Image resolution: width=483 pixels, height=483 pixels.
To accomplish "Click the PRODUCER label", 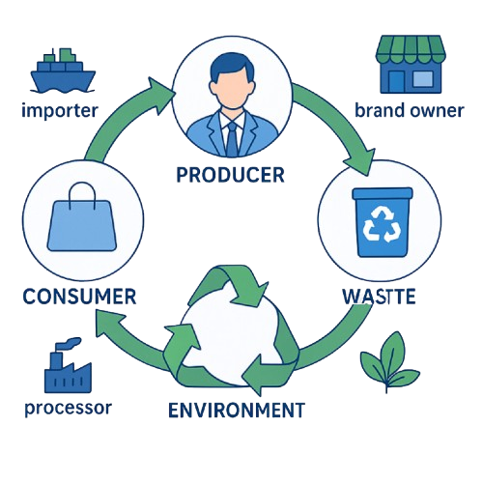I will coord(230,175).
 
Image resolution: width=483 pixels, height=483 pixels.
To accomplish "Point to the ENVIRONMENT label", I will coord(236,410).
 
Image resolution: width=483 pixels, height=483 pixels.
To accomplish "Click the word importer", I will coord(59,110).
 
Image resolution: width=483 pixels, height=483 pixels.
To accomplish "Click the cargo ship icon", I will coord(61,69).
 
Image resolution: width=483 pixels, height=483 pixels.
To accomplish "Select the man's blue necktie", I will coord(231,137).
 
